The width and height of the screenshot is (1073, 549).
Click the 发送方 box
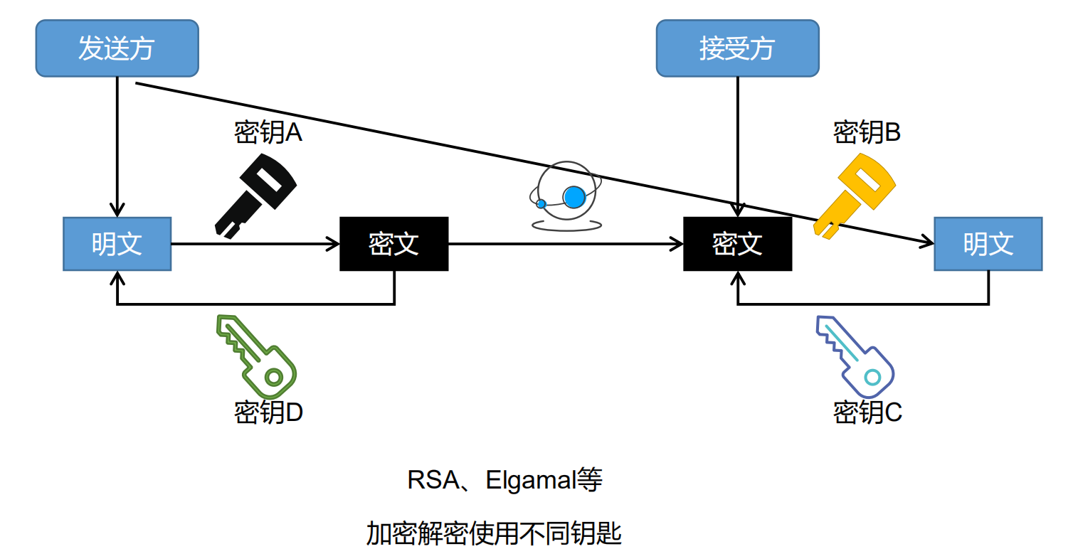(117, 48)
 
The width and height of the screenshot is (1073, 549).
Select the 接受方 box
(737, 48)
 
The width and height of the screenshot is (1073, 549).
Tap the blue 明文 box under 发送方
(117, 244)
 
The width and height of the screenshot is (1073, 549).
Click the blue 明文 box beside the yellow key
(988, 244)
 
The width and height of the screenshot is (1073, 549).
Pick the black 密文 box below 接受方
(737, 244)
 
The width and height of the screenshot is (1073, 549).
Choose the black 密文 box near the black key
(394, 244)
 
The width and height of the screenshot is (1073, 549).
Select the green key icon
(257, 356)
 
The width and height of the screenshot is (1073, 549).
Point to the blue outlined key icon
(855, 355)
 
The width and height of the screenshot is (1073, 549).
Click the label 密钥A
(268, 133)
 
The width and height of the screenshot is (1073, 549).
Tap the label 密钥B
(867, 132)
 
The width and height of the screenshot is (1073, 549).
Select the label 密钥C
(867, 412)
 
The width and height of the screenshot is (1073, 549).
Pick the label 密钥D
(269, 412)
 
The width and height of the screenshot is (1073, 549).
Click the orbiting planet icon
(566, 196)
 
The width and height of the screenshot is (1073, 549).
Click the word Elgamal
(531, 481)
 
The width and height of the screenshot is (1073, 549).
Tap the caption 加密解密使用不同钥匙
(494, 532)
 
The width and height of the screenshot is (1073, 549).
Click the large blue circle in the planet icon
(573, 196)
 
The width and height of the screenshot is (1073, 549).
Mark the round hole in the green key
(274, 376)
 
